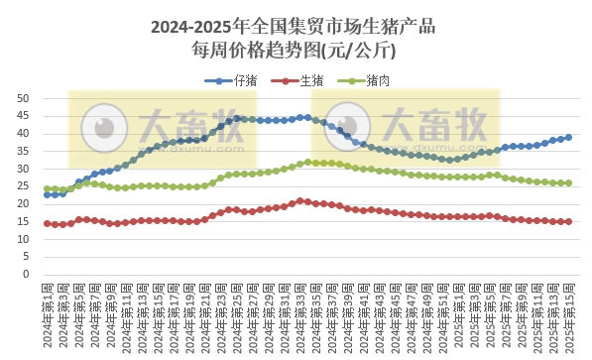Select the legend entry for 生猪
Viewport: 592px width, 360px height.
point(310,80)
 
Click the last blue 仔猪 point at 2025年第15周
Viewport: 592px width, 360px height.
point(568,138)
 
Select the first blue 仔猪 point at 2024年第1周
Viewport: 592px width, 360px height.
point(48,194)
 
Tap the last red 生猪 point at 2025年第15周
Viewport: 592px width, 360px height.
point(568,221)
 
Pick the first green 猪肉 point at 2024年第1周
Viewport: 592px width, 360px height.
point(48,188)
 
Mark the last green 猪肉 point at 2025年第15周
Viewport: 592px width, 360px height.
point(568,182)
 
